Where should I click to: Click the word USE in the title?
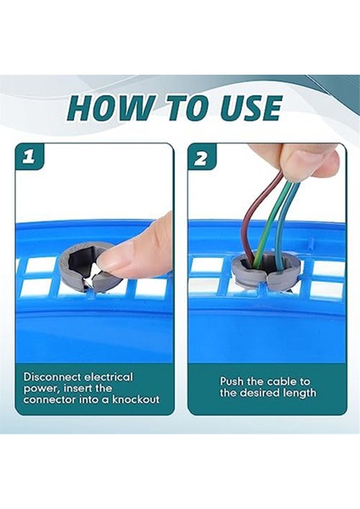[x=250, y=108]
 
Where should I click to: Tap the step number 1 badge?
[x=29, y=157]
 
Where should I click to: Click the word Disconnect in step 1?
[x=53, y=377]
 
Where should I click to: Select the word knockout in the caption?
[x=136, y=399]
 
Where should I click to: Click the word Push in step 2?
[x=232, y=381]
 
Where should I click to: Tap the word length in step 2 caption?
[x=299, y=393]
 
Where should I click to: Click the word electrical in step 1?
[x=109, y=377]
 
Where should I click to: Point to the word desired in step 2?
[x=259, y=393]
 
